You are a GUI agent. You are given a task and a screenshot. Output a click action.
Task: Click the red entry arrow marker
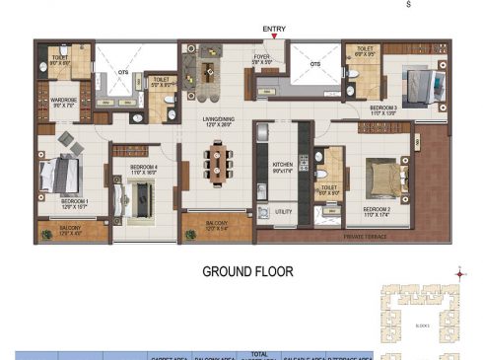pos(274,36)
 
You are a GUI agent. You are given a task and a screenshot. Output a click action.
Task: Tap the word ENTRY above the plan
pos(274,29)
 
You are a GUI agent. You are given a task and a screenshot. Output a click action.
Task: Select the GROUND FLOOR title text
pos(247,271)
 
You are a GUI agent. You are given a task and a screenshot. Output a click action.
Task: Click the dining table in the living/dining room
pos(217,160)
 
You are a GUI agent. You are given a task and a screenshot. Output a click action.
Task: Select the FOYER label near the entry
pos(262,57)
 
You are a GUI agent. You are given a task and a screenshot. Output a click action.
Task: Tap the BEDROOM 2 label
pos(378,210)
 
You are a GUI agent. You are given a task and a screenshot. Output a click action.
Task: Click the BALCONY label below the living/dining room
pos(216,225)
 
